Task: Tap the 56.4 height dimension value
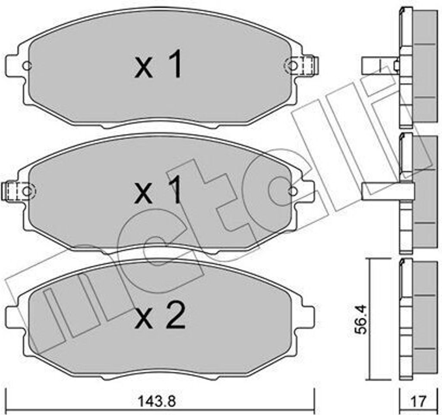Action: point(361,319)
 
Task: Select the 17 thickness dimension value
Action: point(418,401)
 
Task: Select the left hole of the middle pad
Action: point(27,191)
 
